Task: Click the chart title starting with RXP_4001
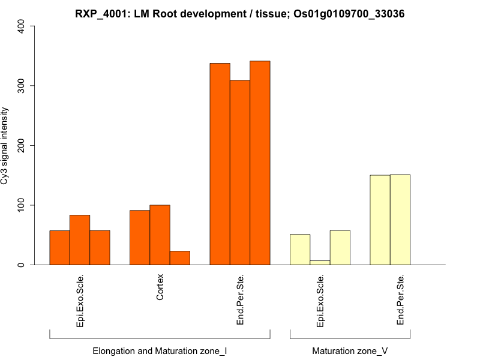pyautogui.click(x=239, y=13)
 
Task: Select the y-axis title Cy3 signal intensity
pyautogui.click(x=5, y=145)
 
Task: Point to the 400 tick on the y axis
pyautogui.click(x=22, y=26)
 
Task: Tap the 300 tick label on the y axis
pyautogui.click(x=22, y=86)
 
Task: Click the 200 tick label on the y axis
pyautogui.click(x=22, y=146)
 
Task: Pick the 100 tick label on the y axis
pyautogui.click(x=22, y=205)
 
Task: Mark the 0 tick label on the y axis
pyautogui.click(x=22, y=265)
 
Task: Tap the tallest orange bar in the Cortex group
pyautogui.click(x=160, y=235)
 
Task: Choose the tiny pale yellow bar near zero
pyautogui.click(x=320, y=263)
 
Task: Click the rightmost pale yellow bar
pyautogui.click(x=400, y=220)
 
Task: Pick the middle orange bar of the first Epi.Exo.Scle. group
pyautogui.click(x=80, y=240)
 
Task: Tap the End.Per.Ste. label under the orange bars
pyautogui.click(x=240, y=299)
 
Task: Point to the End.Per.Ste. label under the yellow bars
pyautogui.click(x=400, y=299)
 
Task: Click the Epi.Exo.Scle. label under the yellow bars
pyautogui.click(x=320, y=301)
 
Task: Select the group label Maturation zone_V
pyautogui.click(x=350, y=350)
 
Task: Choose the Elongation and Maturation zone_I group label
pyautogui.click(x=160, y=350)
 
